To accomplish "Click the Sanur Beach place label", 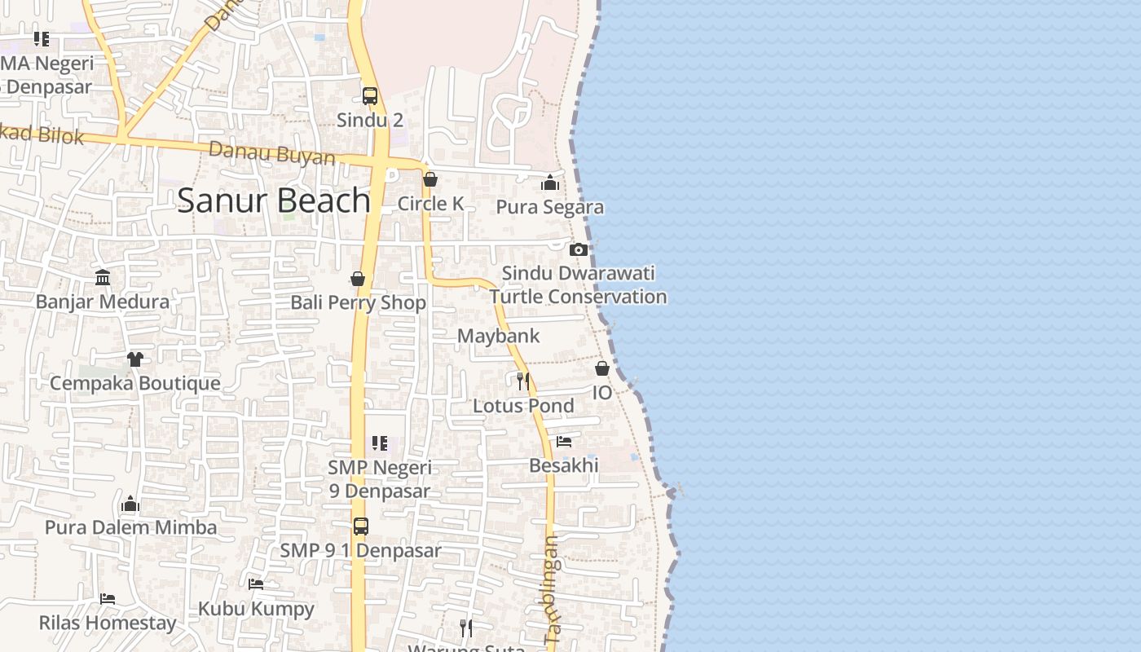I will point(274,200).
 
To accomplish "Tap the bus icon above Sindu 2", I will point(370,96).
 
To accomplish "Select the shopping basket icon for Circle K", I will point(430,179).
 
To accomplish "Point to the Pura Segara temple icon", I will point(550,183).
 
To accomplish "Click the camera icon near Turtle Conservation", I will point(579,249).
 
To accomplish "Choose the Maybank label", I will point(498,336).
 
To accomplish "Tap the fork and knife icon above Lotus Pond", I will point(523,381).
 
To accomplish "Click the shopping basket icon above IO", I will point(602,368).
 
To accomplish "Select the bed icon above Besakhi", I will point(564,442).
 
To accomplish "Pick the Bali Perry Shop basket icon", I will point(357,279).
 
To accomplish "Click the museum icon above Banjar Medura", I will point(103,278).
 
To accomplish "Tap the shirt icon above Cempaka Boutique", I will point(135,359).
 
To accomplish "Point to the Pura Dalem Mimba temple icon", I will point(130,504).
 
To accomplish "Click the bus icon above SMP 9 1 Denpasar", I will point(361,526).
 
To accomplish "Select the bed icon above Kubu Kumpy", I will point(256,584).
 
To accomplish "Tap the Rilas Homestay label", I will point(108,623).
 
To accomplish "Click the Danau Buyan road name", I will point(272,153).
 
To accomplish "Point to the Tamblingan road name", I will point(553,590).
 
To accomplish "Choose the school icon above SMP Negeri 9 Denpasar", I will point(380,443).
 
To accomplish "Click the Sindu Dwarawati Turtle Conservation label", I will point(578,284).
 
